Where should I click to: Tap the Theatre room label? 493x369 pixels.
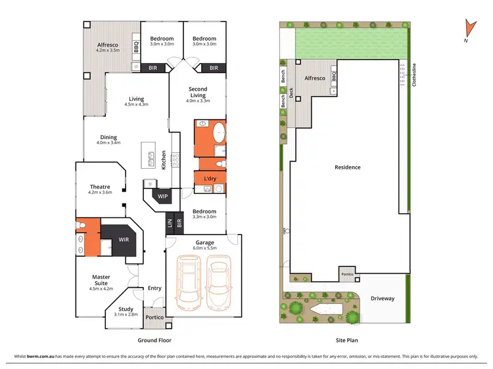coord(100,187)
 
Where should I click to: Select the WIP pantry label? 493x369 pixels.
coord(162,196)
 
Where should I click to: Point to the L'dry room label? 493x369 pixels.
coord(210,179)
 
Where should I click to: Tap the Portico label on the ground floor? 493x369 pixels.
coord(154,317)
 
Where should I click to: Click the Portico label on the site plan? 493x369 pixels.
coord(346,274)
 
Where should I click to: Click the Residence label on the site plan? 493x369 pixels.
coord(347,167)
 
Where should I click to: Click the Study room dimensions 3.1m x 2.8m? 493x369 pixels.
coord(126,315)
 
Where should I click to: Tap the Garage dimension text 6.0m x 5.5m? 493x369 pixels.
coord(202,248)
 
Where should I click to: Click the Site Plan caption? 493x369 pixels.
coord(348,340)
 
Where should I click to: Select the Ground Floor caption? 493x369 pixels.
coord(154,340)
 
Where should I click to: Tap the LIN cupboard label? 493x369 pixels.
coord(170,224)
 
